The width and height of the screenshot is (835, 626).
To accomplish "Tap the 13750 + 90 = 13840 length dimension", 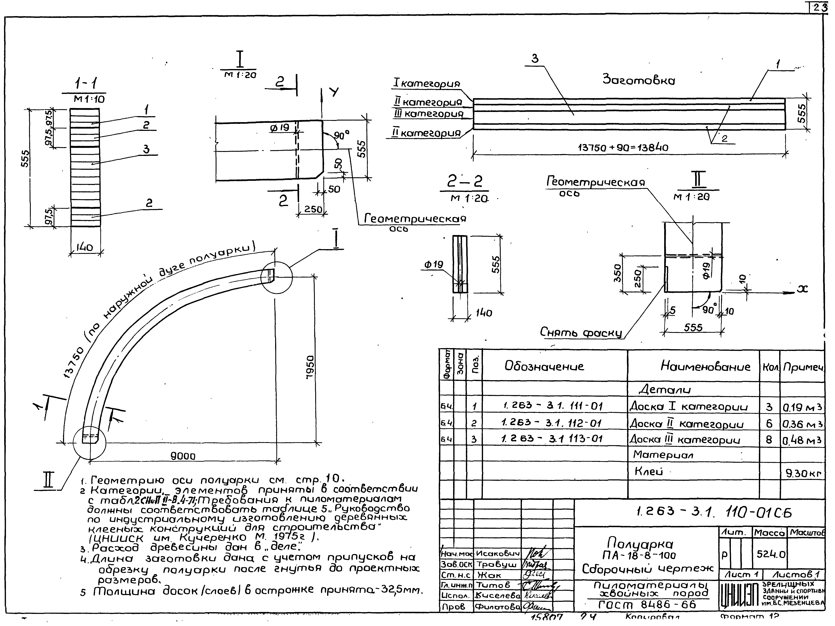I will pos(623,148).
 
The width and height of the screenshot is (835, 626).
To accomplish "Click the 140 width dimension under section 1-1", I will pos(85,247).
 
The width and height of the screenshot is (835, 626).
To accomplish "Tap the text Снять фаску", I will pos(581,333).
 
